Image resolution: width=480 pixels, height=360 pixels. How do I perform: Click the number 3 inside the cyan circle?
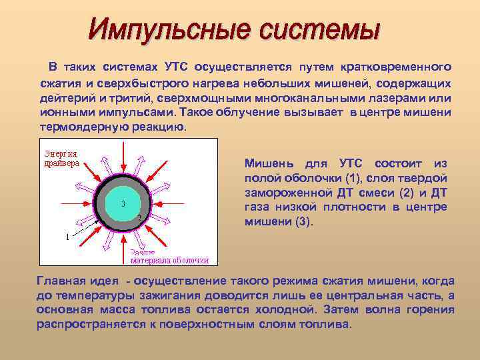(123, 203)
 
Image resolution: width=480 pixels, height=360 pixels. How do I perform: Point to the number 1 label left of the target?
(67, 237)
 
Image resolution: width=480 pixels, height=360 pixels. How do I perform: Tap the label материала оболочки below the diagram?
(169, 261)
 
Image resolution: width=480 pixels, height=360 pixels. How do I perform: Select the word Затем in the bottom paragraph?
(340, 310)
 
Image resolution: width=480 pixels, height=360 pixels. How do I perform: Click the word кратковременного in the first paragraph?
(396, 68)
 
